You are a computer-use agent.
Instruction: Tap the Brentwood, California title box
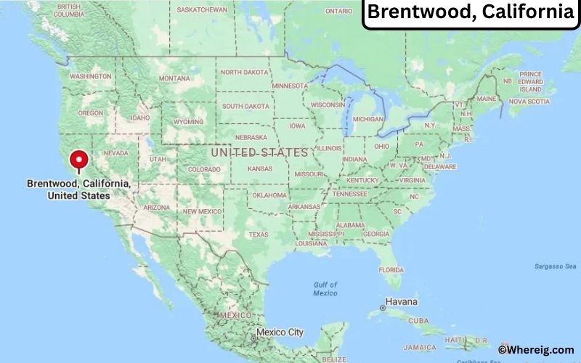pyautogui.click(x=470, y=13)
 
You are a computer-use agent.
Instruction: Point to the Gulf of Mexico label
pyautogui.click(x=325, y=288)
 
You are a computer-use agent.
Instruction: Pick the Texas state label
pyautogui.click(x=259, y=234)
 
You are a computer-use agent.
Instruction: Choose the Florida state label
pyautogui.click(x=391, y=269)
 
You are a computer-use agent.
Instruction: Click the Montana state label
pyautogui.click(x=174, y=78)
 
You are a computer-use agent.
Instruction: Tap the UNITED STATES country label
pyautogui.click(x=248, y=152)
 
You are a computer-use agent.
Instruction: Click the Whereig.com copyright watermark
pyautogui.click(x=536, y=350)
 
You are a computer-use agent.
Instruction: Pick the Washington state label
pyautogui.click(x=91, y=76)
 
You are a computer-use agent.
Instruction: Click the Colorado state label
pyautogui.click(x=203, y=169)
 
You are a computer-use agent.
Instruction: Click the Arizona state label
pyautogui.click(x=156, y=207)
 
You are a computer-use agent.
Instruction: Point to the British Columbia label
pyautogui.click(x=68, y=10)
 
